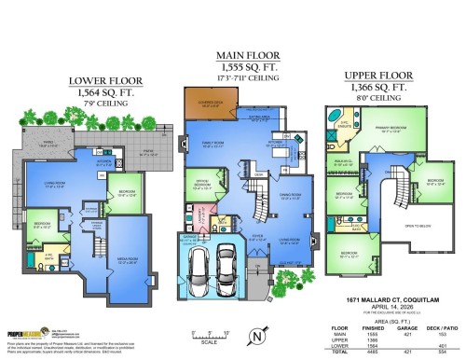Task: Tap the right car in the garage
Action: (x=230, y=266)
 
